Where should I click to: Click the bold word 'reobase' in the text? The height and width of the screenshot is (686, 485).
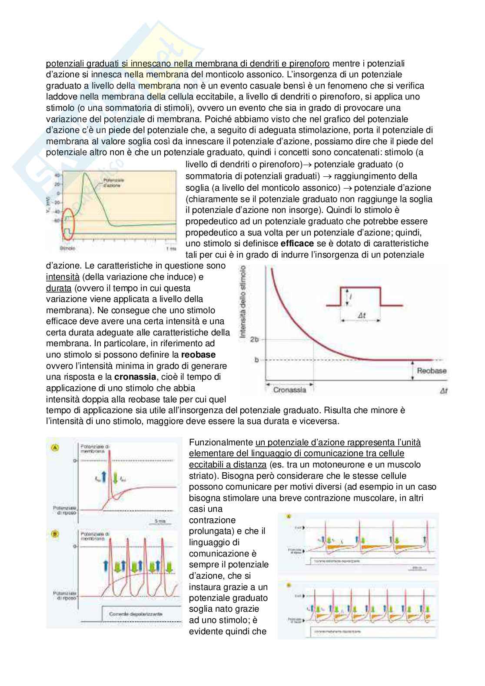tap(198, 355)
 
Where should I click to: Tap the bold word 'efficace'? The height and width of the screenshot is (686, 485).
tap(297, 243)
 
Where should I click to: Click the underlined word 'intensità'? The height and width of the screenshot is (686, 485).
tap(63, 277)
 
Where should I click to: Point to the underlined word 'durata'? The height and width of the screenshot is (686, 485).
tap(59, 288)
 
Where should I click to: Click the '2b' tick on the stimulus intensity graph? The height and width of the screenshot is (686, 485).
tap(255, 339)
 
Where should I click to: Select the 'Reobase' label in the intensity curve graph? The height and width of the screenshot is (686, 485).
tap(431, 371)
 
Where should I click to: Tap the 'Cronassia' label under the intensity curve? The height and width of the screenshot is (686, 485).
tap(289, 390)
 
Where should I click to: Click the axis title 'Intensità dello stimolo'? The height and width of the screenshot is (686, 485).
tap(243, 302)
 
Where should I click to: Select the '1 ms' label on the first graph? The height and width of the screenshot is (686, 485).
tap(170, 249)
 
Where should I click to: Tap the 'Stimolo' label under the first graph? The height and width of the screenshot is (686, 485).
tap(67, 249)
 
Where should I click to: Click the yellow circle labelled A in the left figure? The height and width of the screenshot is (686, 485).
tap(55, 447)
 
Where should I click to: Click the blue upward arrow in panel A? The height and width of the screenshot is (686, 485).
tap(104, 478)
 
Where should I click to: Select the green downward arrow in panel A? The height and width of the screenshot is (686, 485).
tap(116, 478)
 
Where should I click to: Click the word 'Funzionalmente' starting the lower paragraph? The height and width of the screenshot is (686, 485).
tap(221, 442)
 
